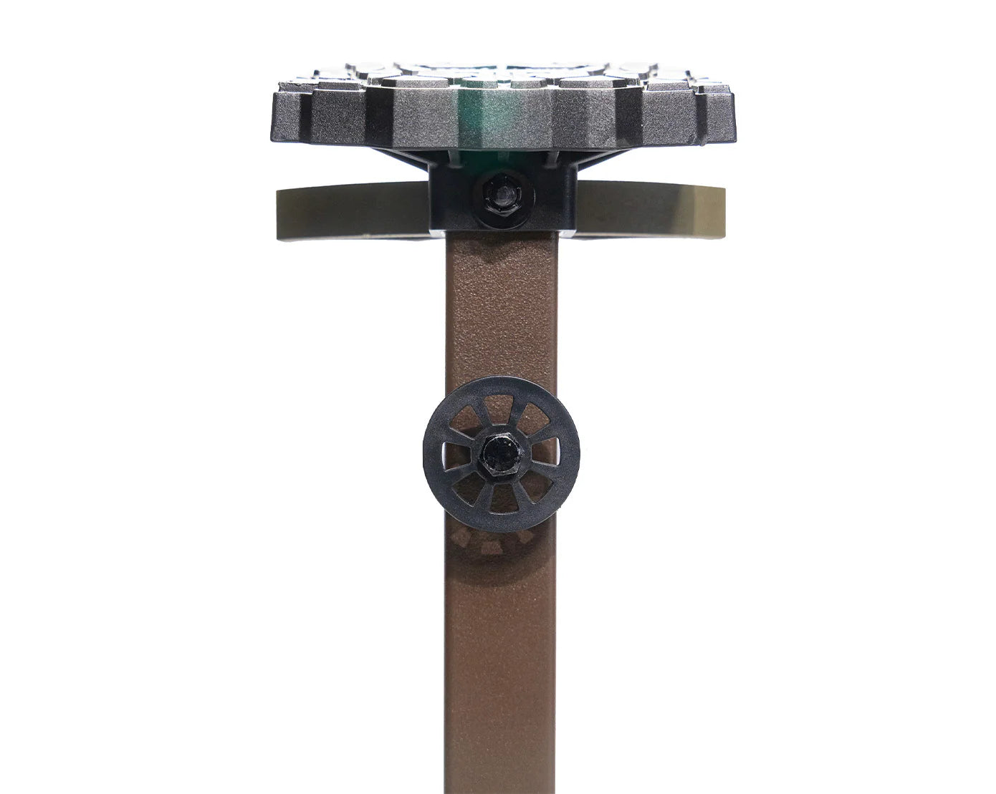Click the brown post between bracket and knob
coord(499,308)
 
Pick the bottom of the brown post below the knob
coord(499,716)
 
